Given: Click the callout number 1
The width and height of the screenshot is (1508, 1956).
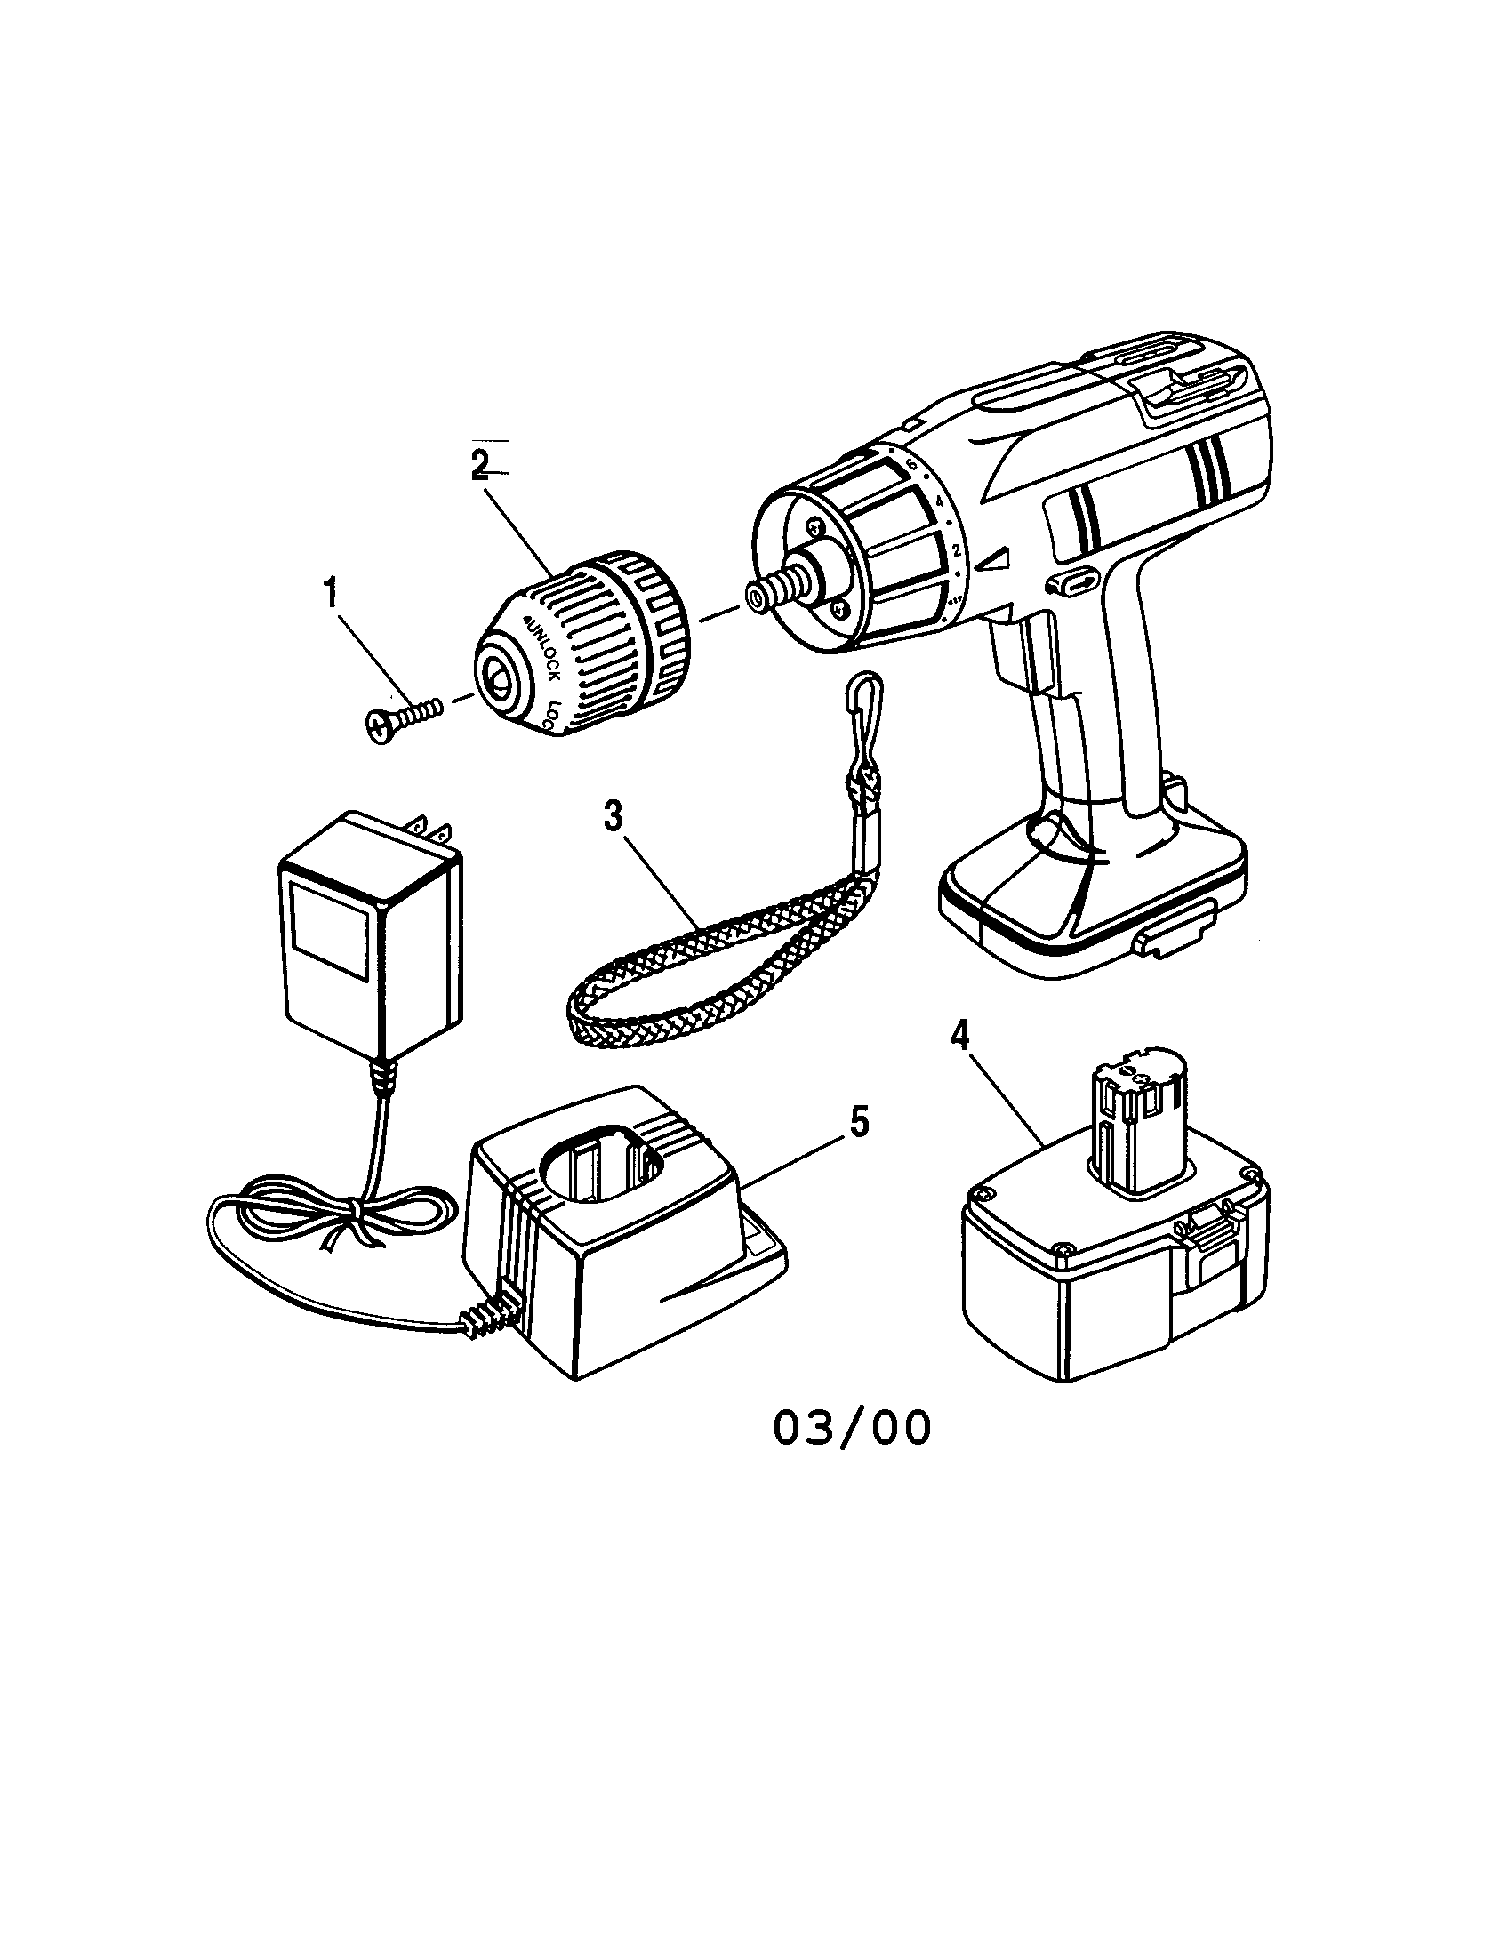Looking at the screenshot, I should [x=331, y=594].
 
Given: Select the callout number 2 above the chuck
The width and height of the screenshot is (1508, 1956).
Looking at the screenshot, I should [x=480, y=464].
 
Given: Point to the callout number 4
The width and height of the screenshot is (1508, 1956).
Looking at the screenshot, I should [x=960, y=1037].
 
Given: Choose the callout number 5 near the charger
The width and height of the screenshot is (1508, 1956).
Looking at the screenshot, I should [x=859, y=1121].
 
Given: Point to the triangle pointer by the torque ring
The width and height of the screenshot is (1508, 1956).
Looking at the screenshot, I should [x=993, y=561].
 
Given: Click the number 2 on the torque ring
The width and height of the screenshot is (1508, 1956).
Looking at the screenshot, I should [x=957, y=549].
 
